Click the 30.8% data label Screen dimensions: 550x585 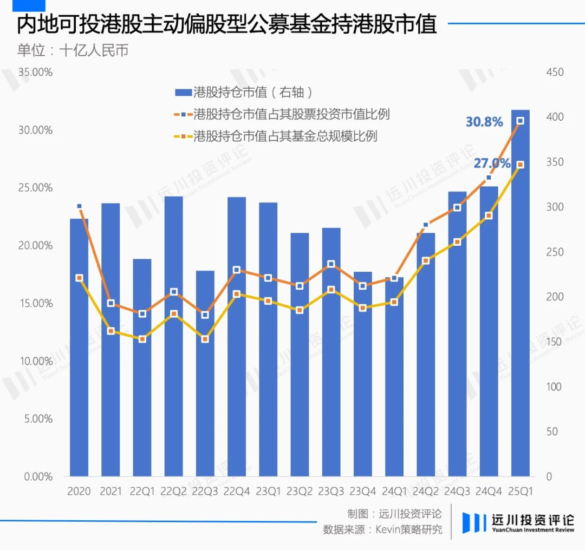pos(484,122)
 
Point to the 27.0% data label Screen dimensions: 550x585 pos(492,163)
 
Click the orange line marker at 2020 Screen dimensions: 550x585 pos(79,206)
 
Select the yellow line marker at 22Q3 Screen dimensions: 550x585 pos(205,339)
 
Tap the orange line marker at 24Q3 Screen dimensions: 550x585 pos(457,207)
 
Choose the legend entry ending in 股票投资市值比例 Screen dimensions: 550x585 pos(282,114)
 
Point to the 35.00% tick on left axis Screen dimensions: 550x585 pos(36,73)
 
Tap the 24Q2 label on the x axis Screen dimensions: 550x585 pos(426,492)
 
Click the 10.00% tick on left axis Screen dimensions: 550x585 pos(36,361)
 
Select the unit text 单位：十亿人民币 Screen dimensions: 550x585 pos(73,50)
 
